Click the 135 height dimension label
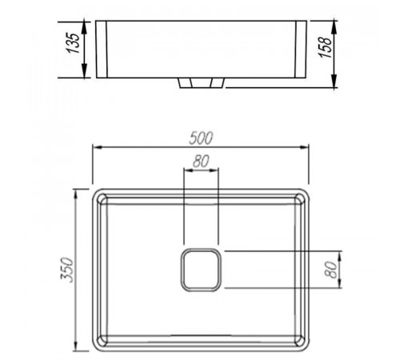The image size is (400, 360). pos(74,43)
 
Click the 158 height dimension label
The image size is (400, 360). pos(325,47)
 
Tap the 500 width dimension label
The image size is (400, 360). pos(201,138)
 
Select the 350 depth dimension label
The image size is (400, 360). pos(66,270)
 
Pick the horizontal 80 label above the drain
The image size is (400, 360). pos(201,161)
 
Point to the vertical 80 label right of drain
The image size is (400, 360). pos(331,270)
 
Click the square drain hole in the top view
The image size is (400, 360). pos(201,270)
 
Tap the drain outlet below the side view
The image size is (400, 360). pos(201,83)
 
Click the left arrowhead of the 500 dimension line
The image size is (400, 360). pos(98,147)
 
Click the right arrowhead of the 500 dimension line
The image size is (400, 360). pos(304,147)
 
